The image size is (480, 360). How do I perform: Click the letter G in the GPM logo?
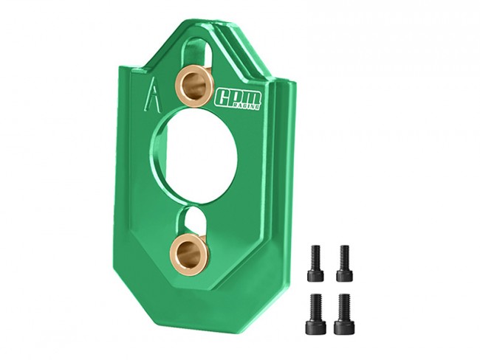click(222, 99)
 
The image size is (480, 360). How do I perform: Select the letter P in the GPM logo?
click(237, 97)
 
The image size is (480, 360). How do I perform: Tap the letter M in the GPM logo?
click(253, 97)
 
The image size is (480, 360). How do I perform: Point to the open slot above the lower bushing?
click(192, 221)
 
